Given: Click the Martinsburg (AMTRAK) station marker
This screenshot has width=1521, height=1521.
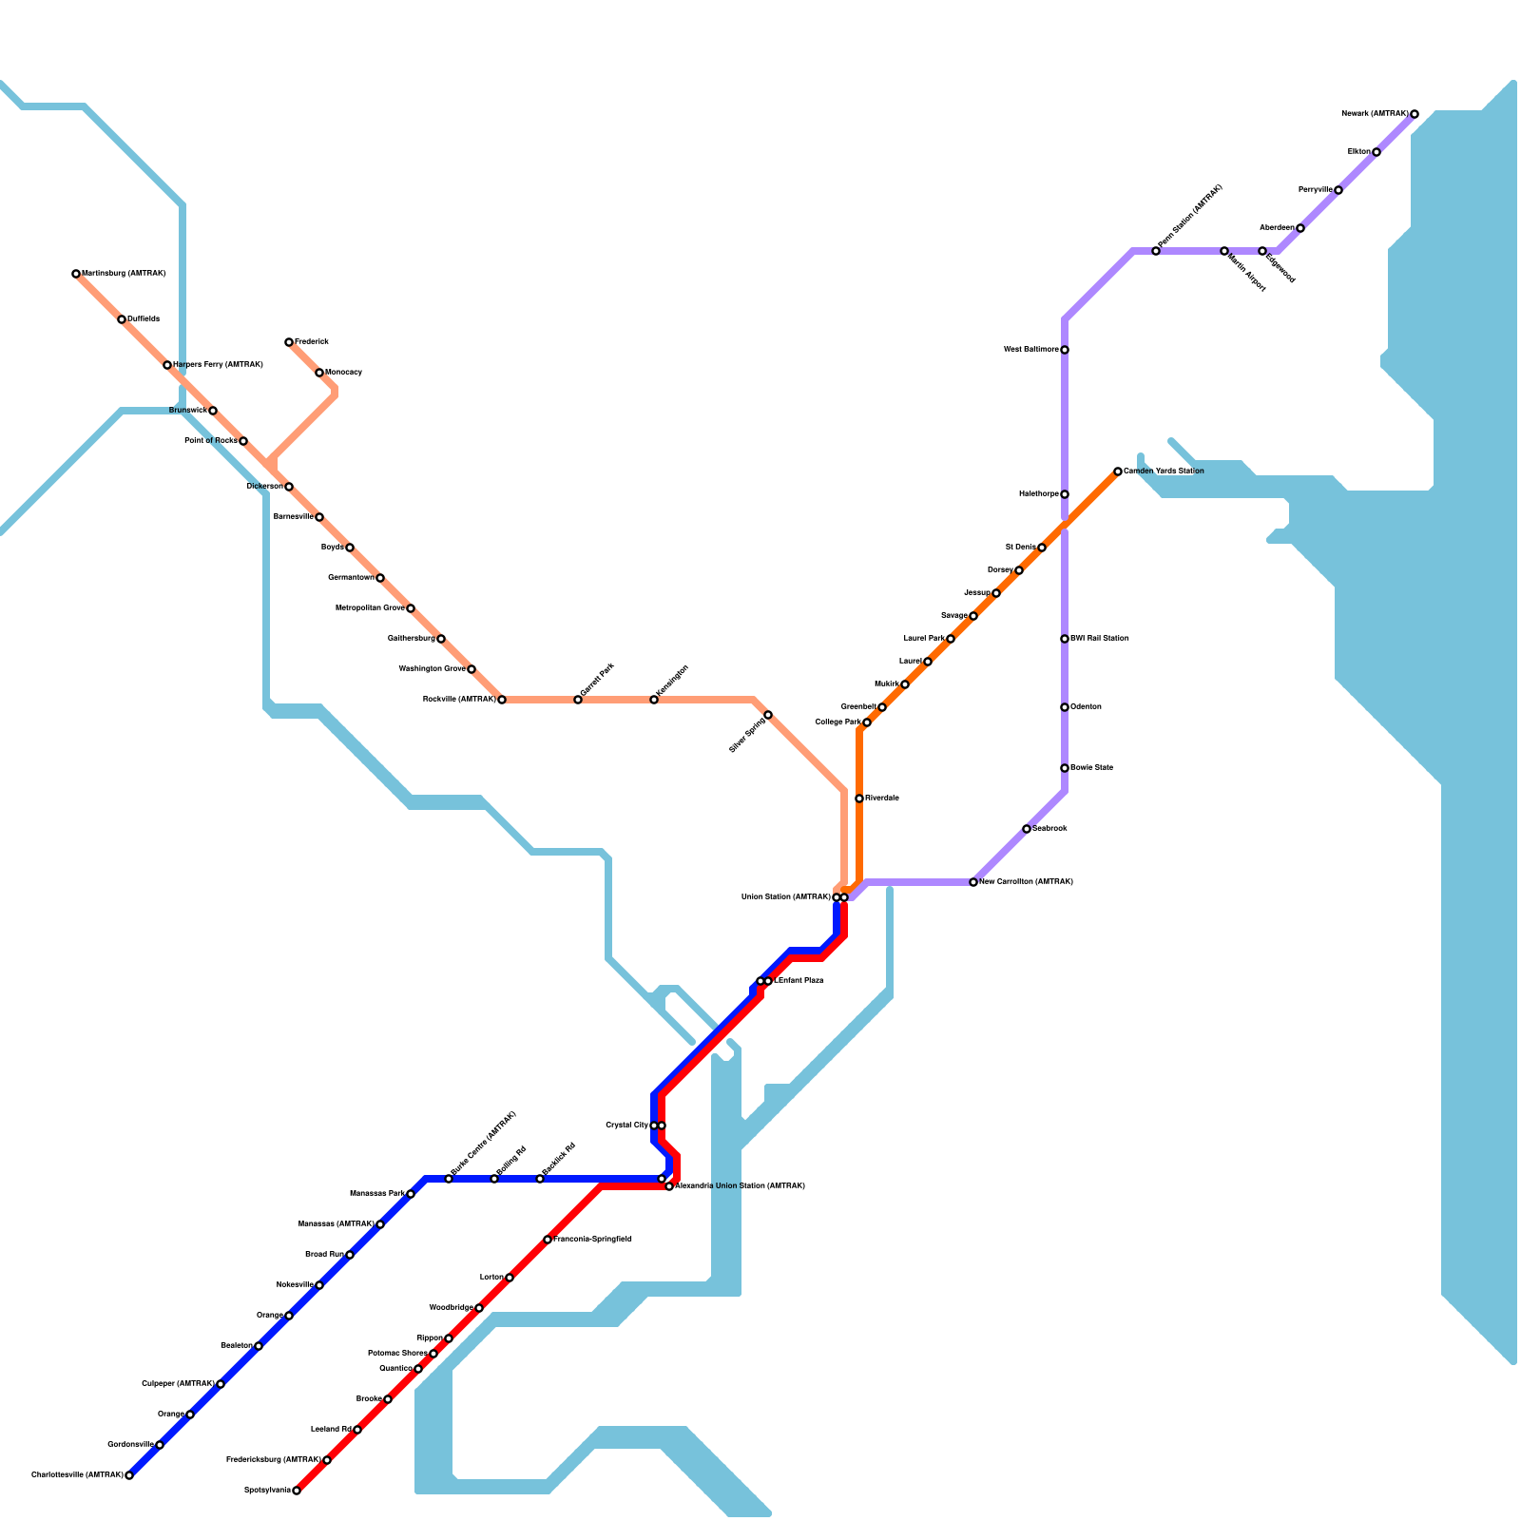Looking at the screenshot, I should (76, 274).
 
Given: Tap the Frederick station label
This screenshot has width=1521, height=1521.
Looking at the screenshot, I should (312, 341).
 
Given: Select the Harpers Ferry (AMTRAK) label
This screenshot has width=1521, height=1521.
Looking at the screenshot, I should (218, 365).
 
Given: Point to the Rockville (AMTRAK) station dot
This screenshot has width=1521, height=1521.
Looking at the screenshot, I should (502, 700).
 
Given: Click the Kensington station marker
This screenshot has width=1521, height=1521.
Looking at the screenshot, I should (654, 700).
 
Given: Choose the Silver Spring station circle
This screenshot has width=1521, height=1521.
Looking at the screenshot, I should (768, 715).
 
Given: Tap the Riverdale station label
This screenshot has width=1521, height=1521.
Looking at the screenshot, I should (882, 799).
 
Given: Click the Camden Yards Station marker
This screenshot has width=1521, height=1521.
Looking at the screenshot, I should (1118, 472).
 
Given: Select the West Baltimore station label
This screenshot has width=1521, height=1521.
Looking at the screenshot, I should (1031, 350).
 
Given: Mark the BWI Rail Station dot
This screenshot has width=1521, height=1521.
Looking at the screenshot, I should (1065, 639).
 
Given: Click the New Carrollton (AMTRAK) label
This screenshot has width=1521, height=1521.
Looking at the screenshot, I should (1026, 882).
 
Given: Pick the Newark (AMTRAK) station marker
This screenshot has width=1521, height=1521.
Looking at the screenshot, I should (1415, 114).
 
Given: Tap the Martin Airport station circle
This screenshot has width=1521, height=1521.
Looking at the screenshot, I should (1224, 251).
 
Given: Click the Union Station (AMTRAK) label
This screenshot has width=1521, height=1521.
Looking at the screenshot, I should (786, 897).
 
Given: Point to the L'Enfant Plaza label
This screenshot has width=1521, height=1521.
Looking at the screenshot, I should (799, 980).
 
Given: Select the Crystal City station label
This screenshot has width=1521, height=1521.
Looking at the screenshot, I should (627, 1126).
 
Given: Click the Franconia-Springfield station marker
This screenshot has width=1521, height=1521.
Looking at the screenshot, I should (548, 1240).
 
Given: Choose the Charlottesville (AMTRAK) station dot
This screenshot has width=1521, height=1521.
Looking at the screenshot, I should (129, 1475).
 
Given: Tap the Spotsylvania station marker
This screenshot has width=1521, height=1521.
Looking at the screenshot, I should (297, 1491).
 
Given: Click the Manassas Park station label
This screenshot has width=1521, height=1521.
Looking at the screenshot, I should (377, 1193).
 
